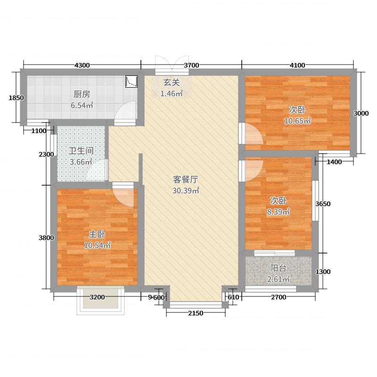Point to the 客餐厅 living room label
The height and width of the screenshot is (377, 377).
pos(185,180)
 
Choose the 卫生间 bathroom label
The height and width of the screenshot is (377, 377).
pos(81,151)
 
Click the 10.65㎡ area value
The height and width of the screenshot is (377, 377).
pos(297,121)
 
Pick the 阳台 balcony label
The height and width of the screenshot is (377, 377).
pos(278,268)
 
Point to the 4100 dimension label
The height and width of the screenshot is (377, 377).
pos(297,65)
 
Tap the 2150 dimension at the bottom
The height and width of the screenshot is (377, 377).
pos(195,313)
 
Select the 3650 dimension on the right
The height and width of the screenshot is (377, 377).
pos(323,204)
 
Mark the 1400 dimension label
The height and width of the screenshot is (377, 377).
pos(334,162)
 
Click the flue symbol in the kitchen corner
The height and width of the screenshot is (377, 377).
pos(131,82)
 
